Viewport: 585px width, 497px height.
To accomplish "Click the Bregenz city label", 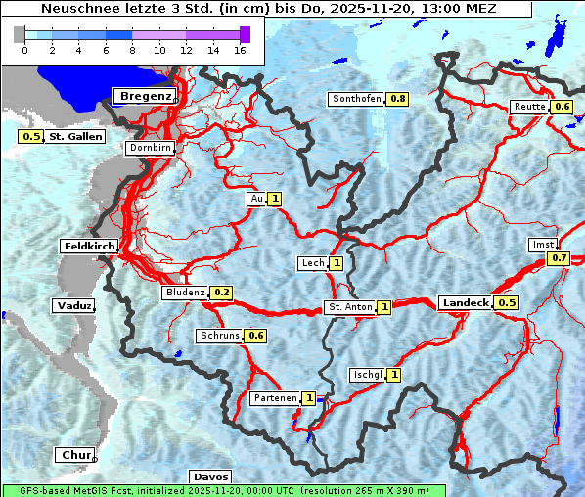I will pos(146,96).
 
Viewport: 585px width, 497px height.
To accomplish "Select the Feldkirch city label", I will pos(89,246).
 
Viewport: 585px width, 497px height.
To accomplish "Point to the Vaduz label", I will pos(74,305).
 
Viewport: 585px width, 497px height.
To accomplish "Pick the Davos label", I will pos(210,476).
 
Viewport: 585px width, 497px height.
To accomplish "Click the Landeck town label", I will pos(465,303).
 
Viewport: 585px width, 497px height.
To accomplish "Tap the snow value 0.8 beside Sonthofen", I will pos(398,99).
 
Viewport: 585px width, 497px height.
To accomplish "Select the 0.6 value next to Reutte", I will pos(562,107).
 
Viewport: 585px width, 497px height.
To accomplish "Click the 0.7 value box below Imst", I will pos(559,258).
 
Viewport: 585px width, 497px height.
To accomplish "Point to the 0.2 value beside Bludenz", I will pos(222,293).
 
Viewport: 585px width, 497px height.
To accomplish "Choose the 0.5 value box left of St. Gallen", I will pos(30,137).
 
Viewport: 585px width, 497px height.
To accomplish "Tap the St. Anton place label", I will pos(349,307).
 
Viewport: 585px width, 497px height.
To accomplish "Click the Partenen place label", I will pos(274,398).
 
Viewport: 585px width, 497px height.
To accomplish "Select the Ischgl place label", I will pos(367,375).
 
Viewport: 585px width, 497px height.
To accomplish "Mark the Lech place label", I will pos(312,263).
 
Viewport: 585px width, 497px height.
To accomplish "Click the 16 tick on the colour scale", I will pos(239,49).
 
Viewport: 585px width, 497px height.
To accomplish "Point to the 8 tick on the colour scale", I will pos(132,49).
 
